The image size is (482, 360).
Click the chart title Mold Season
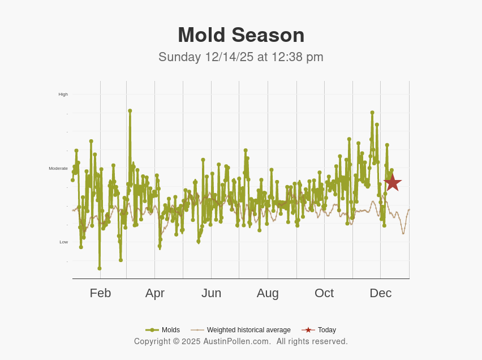[241, 35]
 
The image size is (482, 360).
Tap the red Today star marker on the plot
[393, 182]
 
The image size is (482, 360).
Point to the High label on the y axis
[63, 95]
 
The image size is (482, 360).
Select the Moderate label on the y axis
[58, 168]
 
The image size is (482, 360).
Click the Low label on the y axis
[63, 242]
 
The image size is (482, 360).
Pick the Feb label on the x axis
[100, 293]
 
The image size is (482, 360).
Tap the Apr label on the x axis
[154, 293]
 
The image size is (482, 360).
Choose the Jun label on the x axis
[211, 293]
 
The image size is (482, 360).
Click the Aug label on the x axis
[268, 293]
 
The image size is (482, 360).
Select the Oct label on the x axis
[324, 293]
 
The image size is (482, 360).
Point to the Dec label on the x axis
[380, 293]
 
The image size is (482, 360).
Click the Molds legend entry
[170, 330]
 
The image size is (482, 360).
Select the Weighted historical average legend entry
[248, 330]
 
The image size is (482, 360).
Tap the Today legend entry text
[326, 330]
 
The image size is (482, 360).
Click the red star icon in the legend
[308, 330]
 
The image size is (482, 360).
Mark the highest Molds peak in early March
[130, 111]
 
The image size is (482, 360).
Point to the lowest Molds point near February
[100, 268]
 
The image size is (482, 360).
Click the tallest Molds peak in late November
[372, 113]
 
